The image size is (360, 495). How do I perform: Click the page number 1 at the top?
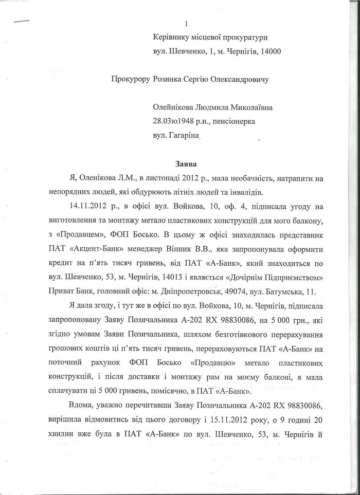(186, 24)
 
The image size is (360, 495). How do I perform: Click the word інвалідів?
(245, 192)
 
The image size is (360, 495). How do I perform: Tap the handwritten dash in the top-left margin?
(22, 21)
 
